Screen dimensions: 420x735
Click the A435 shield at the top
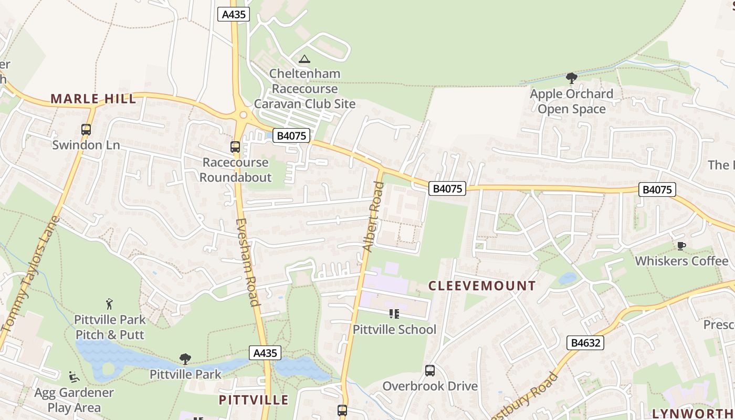[x=234, y=14]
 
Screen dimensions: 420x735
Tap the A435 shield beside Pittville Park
[x=265, y=353]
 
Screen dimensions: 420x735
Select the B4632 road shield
[x=585, y=343]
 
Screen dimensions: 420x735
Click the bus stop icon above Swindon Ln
[x=86, y=129]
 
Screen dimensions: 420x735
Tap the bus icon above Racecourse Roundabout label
[x=235, y=147]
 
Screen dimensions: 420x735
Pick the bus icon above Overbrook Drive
[x=430, y=371]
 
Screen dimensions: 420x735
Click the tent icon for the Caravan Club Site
[x=304, y=59]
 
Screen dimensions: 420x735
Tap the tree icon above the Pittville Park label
[x=185, y=359]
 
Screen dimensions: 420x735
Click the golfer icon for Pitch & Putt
[x=109, y=304]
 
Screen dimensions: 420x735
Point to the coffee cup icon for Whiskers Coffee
[x=681, y=246]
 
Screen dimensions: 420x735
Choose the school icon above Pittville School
[x=394, y=314]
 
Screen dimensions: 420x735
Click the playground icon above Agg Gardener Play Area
[x=74, y=377]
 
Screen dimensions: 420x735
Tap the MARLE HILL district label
[x=93, y=99]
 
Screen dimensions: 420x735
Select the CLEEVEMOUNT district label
[x=482, y=286]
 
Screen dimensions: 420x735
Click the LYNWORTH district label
[x=693, y=413]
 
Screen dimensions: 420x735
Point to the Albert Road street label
[x=371, y=216]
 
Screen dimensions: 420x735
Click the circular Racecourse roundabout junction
[x=243, y=115]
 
